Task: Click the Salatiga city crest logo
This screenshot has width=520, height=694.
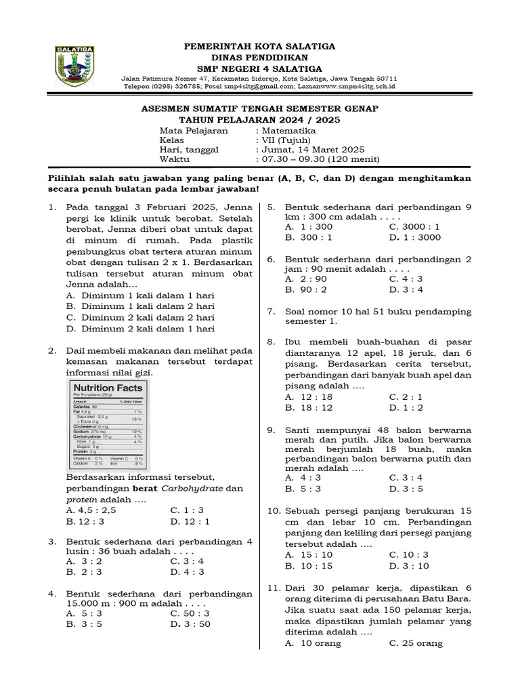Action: (x=74, y=66)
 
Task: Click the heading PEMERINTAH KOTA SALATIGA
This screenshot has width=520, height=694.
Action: (x=260, y=46)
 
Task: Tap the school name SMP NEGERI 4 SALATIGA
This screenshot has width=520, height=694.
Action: (x=260, y=68)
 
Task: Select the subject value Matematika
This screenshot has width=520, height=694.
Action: (x=289, y=130)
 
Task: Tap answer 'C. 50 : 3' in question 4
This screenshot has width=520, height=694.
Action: (x=190, y=613)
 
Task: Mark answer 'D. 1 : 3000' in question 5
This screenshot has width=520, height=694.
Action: (x=414, y=237)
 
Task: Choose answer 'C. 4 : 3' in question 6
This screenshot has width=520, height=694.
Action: (x=406, y=279)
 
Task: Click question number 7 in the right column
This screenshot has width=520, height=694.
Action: (x=271, y=312)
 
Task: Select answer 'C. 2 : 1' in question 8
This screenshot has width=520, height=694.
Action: (x=406, y=396)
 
